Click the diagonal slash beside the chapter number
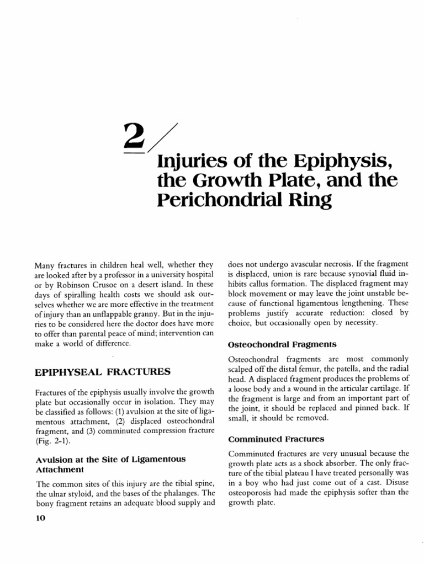point(161,138)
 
